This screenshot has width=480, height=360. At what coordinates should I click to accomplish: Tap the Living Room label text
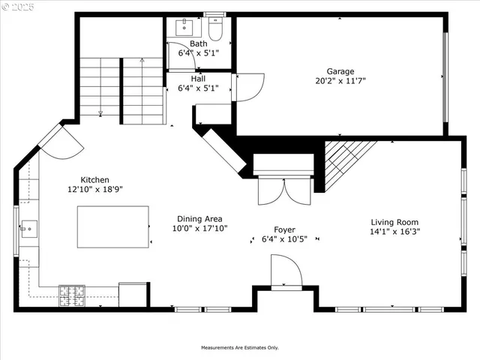394,222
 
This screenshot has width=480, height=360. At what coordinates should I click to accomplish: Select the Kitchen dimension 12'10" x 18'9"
95,190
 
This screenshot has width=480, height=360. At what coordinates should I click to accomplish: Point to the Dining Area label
199,218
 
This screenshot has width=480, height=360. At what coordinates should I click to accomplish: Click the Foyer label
283,229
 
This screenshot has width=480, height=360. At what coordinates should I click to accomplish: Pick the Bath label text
198,43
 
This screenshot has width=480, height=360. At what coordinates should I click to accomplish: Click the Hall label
198,78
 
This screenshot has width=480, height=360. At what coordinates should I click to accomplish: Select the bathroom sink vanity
184,28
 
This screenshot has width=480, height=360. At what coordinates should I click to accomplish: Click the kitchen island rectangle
112,226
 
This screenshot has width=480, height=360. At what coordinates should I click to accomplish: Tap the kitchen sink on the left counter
29,227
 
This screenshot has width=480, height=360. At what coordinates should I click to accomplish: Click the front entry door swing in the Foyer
286,271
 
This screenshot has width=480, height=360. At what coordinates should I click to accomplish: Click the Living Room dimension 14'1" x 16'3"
394,232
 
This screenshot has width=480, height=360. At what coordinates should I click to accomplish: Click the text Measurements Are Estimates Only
239,348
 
